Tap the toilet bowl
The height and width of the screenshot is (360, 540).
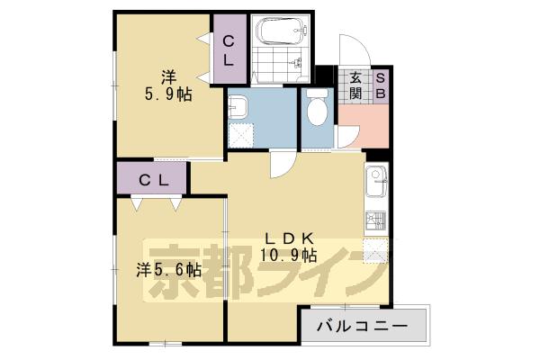tap(317, 107)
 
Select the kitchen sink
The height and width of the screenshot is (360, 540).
tap(376, 181)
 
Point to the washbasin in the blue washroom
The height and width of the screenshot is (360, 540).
tap(238, 106)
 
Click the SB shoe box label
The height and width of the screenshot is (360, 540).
tap(380, 85)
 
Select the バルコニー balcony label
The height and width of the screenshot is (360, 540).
tap(363, 326)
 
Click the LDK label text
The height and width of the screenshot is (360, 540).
tap(289, 238)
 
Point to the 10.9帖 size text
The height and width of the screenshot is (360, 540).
tap(289, 256)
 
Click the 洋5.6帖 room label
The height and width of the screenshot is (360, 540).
tap(169, 270)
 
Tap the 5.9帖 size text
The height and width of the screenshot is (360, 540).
tap(168, 94)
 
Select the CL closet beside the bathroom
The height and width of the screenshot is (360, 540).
tap(230, 49)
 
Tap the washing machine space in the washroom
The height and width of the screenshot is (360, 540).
tap(240, 135)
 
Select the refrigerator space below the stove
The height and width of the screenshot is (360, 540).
tap(375, 252)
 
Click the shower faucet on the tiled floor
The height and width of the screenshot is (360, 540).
tap(296, 63)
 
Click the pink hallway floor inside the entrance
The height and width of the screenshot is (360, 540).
tap(364, 126)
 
